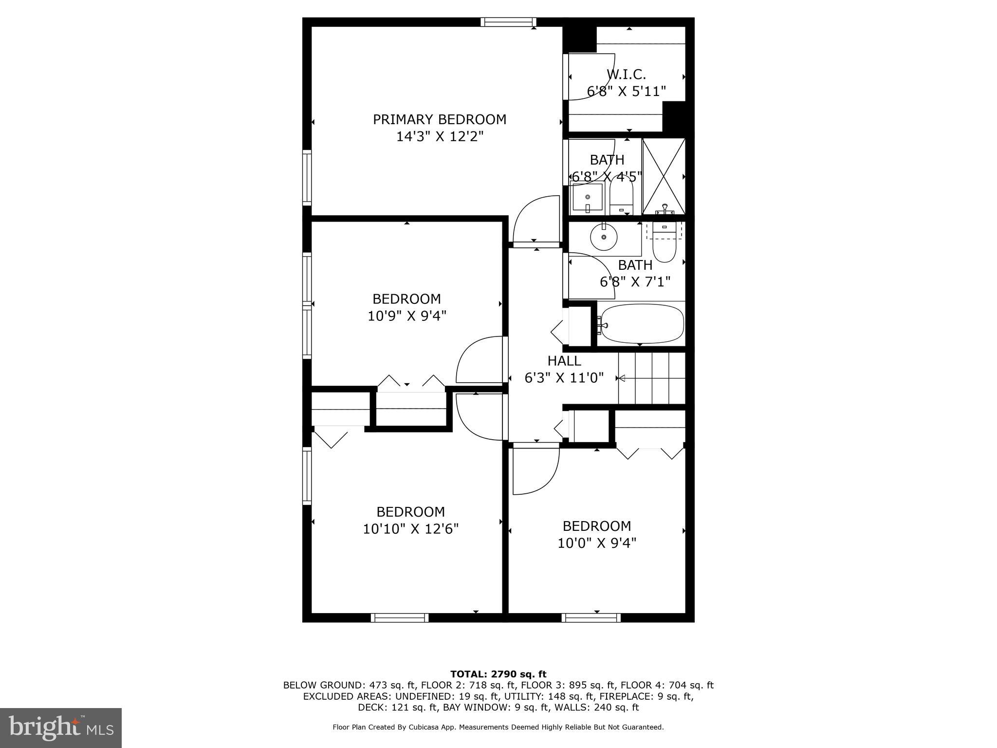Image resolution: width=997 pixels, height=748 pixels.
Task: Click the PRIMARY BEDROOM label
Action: point(440,120)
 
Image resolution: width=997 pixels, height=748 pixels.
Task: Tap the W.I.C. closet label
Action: point(626,75)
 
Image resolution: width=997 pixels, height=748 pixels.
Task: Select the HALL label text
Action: point(564,361)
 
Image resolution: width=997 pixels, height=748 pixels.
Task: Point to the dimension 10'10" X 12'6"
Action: point(411,529)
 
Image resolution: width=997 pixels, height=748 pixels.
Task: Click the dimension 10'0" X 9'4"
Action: point(597,543)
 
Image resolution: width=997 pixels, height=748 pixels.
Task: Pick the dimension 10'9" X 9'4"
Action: point(407,316)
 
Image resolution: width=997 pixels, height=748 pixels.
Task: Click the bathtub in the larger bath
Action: point(642,324)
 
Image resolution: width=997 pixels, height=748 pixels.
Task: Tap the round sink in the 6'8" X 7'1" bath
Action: point(604,237)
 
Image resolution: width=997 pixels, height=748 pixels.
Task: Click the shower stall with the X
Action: point(664,176)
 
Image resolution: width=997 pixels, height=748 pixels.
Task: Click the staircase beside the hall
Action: point(651,378)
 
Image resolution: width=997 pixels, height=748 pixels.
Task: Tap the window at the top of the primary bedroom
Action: point(508,22)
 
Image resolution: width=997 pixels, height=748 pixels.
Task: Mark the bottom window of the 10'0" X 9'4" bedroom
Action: point(591,618)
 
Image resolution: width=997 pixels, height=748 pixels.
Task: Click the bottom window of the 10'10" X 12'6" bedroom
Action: point(400,618)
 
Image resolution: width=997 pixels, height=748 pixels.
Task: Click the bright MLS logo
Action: point(61,728)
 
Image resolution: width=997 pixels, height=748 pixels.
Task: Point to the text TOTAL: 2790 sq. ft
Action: point(498,674)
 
